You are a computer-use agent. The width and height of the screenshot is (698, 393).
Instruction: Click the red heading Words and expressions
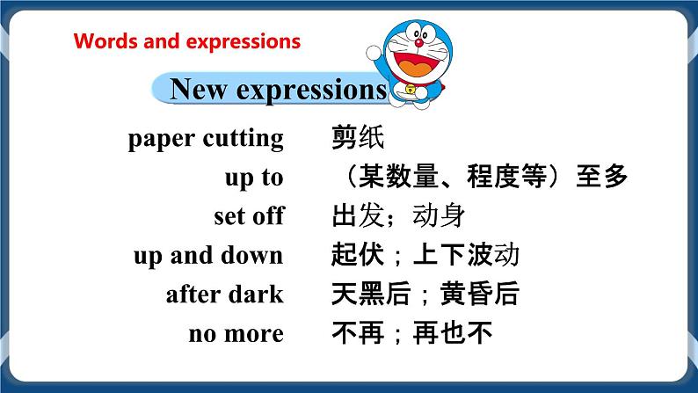tap(186, 41)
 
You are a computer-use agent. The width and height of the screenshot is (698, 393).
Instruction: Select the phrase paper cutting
tap(206, 138)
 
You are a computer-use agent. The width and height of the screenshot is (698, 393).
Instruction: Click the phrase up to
tap(254, 178)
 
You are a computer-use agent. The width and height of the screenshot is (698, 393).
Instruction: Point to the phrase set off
tap(248, 216)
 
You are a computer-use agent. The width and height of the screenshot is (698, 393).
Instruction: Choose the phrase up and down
tap(208, 256)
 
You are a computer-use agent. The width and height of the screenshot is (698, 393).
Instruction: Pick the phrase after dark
tap(224, 295)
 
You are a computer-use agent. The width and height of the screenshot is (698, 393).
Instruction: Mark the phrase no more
tap(236, 334)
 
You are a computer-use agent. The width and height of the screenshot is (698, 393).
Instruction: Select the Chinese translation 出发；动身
tap(397, 216)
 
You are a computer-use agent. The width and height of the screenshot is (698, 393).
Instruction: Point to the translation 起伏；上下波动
tap(425, 256)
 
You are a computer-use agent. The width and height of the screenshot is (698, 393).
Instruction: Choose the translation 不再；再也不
tap(412, 334)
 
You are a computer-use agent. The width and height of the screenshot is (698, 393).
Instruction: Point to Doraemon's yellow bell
tap(410, 89)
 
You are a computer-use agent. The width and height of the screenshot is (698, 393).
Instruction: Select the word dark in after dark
tap(256, 295)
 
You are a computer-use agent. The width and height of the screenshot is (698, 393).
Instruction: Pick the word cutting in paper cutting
tap(244, 138)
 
